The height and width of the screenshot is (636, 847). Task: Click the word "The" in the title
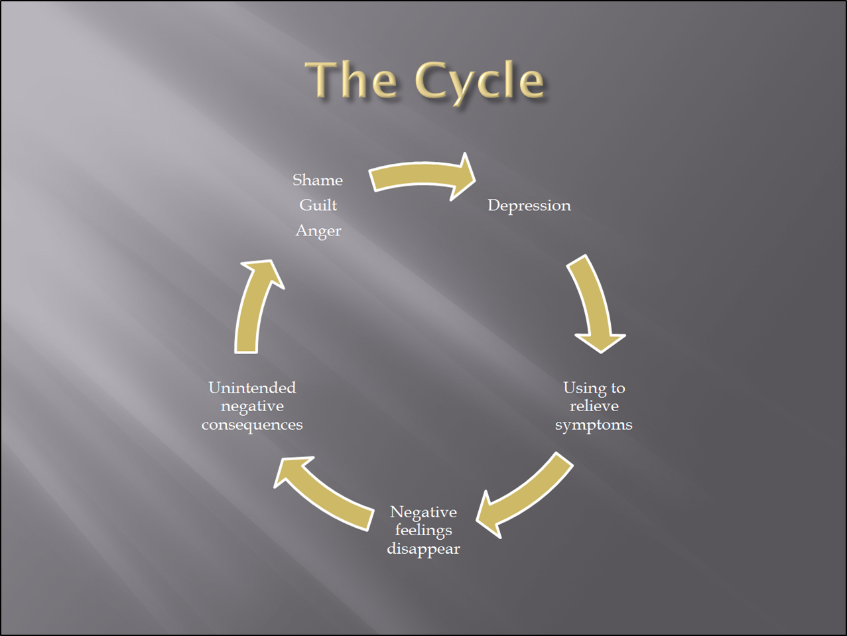coord(351,80)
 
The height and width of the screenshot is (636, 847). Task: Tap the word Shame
coord(318,180)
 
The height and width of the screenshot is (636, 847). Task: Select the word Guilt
coord(318,205)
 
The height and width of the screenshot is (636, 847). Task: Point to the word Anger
coord(318,231)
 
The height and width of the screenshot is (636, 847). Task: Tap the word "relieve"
coord(594,406)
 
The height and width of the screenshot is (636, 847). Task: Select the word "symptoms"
coord(594,425)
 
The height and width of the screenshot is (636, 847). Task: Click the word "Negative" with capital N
coord(423,513)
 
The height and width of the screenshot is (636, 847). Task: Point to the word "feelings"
coord(423,531)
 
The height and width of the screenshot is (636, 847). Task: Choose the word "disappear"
coord(423,549)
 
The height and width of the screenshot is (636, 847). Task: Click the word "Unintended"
coord(252,388)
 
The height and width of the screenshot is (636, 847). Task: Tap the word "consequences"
coord(252,425)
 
